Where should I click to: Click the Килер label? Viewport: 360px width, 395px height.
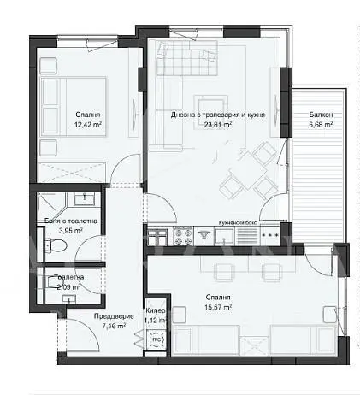tap(156, 311)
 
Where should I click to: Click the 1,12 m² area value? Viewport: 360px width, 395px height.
tap(156, 321)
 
